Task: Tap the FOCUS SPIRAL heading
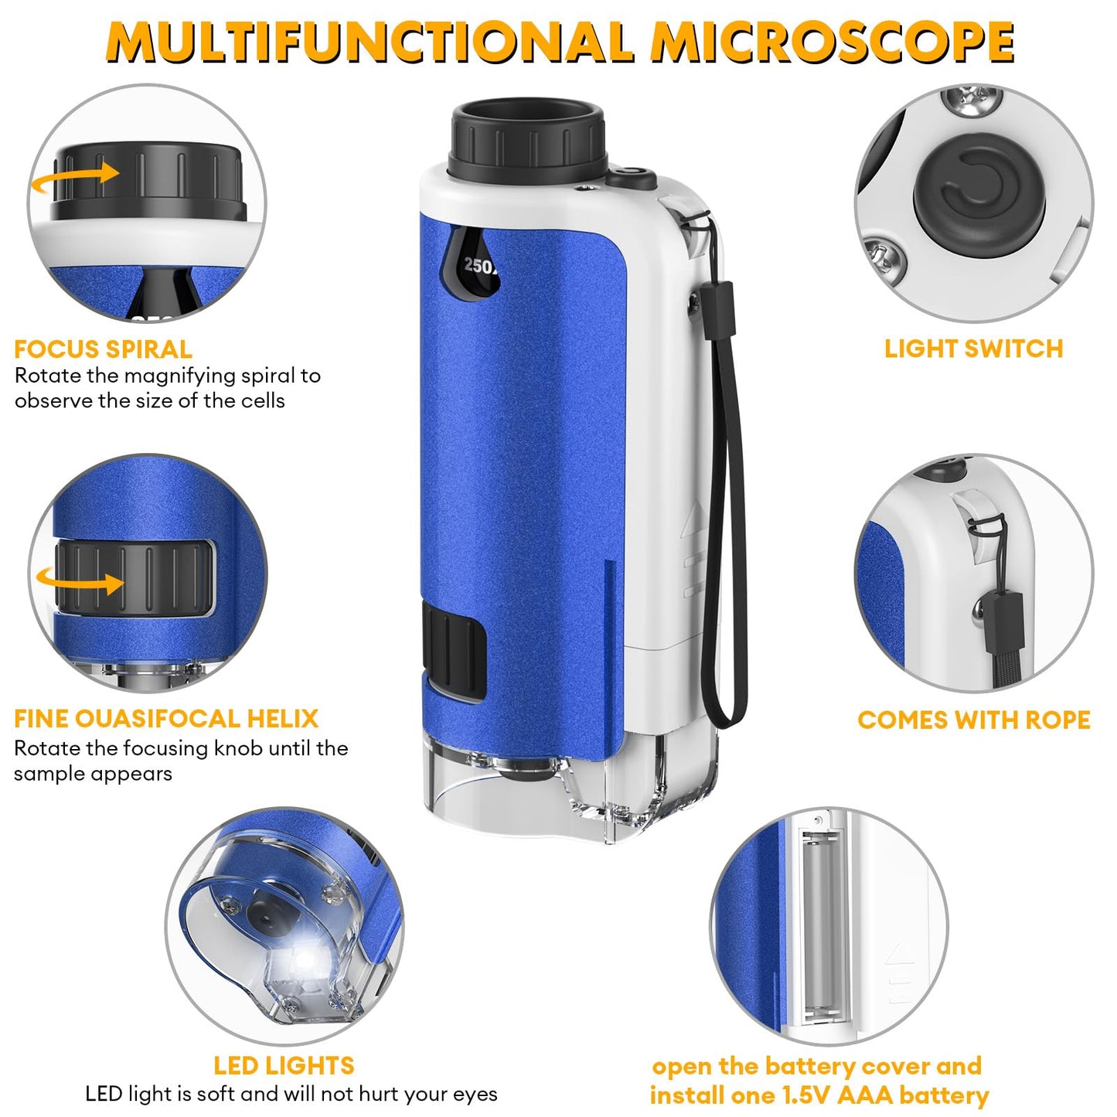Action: (103, 349)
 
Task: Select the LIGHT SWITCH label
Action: (973, 349)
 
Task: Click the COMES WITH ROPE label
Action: (973, 720)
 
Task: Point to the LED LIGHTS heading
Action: (284, 1066)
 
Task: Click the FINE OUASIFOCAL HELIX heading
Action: (166, 719)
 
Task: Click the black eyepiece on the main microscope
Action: (528, 139)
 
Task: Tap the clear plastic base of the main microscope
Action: (572, 796)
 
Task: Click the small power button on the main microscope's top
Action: (630, 177)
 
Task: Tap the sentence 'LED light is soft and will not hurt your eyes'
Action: (291, 1094)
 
